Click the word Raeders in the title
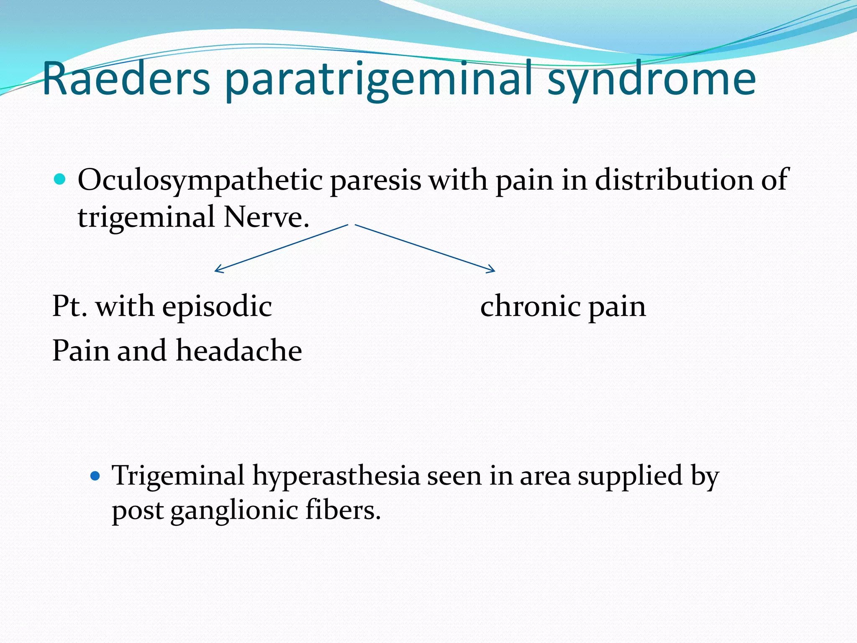coord(126,79)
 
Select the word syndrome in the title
coord(651,80)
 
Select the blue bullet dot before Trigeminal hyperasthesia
coord(95,476)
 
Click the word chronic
coord(531,306)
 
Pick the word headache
coord(239,350)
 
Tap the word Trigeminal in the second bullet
coord(178,476)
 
